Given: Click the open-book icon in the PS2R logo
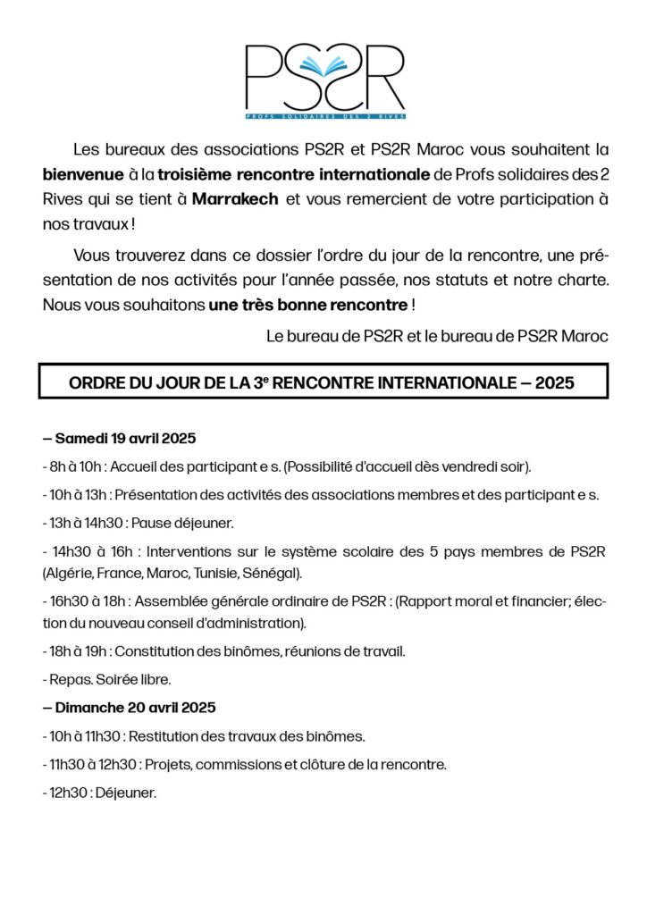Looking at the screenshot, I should pos(323,66).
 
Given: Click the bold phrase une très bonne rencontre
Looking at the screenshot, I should pos(307,305).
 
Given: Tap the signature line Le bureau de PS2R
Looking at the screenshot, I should pos(437,337).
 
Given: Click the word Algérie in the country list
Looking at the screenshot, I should pos(71,572).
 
